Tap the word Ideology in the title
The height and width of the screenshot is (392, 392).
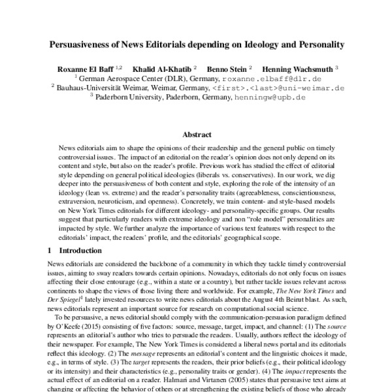tap(252, 46)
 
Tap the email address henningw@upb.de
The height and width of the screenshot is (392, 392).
tap(269, 96)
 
